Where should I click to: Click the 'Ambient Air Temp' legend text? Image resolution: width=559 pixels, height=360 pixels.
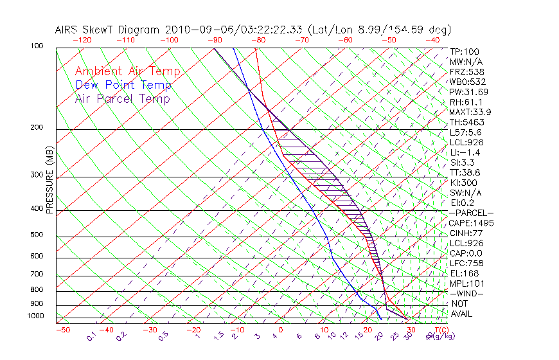[x=128, y=71]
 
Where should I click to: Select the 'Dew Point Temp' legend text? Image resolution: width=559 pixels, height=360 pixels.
[x=123, y=85]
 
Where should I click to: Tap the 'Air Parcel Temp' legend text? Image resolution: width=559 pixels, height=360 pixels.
[x=123, y=98]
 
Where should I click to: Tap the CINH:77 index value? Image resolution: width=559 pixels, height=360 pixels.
[x=465, y=233]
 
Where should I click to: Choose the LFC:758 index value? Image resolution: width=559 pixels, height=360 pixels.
[x=466, y=263]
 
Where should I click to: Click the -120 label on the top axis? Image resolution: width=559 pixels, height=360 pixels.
[x=82, y=40]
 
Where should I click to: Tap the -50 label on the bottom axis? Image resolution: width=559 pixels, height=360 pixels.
[x=62, y=330]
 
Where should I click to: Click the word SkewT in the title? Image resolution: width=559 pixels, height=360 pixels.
[x=103, y=30]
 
